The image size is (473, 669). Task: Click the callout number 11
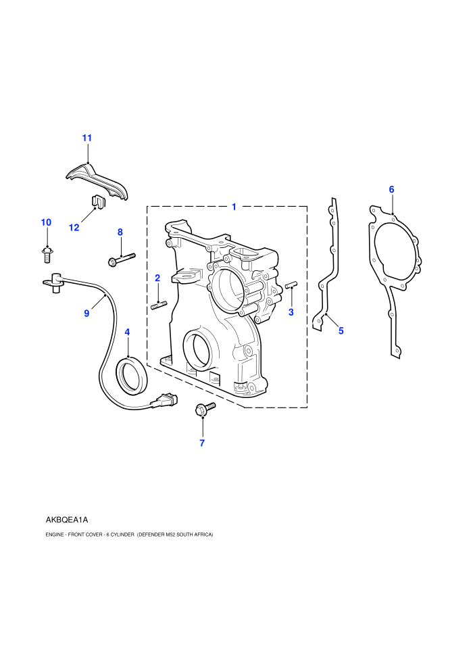click(87, 138)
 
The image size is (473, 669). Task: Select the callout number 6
click(391, 189)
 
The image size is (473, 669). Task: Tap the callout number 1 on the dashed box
click(234, 207)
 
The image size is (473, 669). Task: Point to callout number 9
click(86, 314)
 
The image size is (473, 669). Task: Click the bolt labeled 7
click(204, 409)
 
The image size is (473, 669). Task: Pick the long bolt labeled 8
click(121, 259)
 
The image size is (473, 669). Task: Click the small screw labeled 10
click(47, 255)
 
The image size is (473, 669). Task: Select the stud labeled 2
click(159, 305)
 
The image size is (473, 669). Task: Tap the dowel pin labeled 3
click(291, 284)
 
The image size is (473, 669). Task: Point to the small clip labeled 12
click(99, 202)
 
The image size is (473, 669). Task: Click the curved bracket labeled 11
click(97, 181)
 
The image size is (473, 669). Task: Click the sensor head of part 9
click(54, 282)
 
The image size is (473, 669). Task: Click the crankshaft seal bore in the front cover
click(197, 350)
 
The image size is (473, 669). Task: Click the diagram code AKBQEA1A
click(66, 520)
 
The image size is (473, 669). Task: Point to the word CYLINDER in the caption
click(123, 535)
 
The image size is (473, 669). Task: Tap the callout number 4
click(127, 332)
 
